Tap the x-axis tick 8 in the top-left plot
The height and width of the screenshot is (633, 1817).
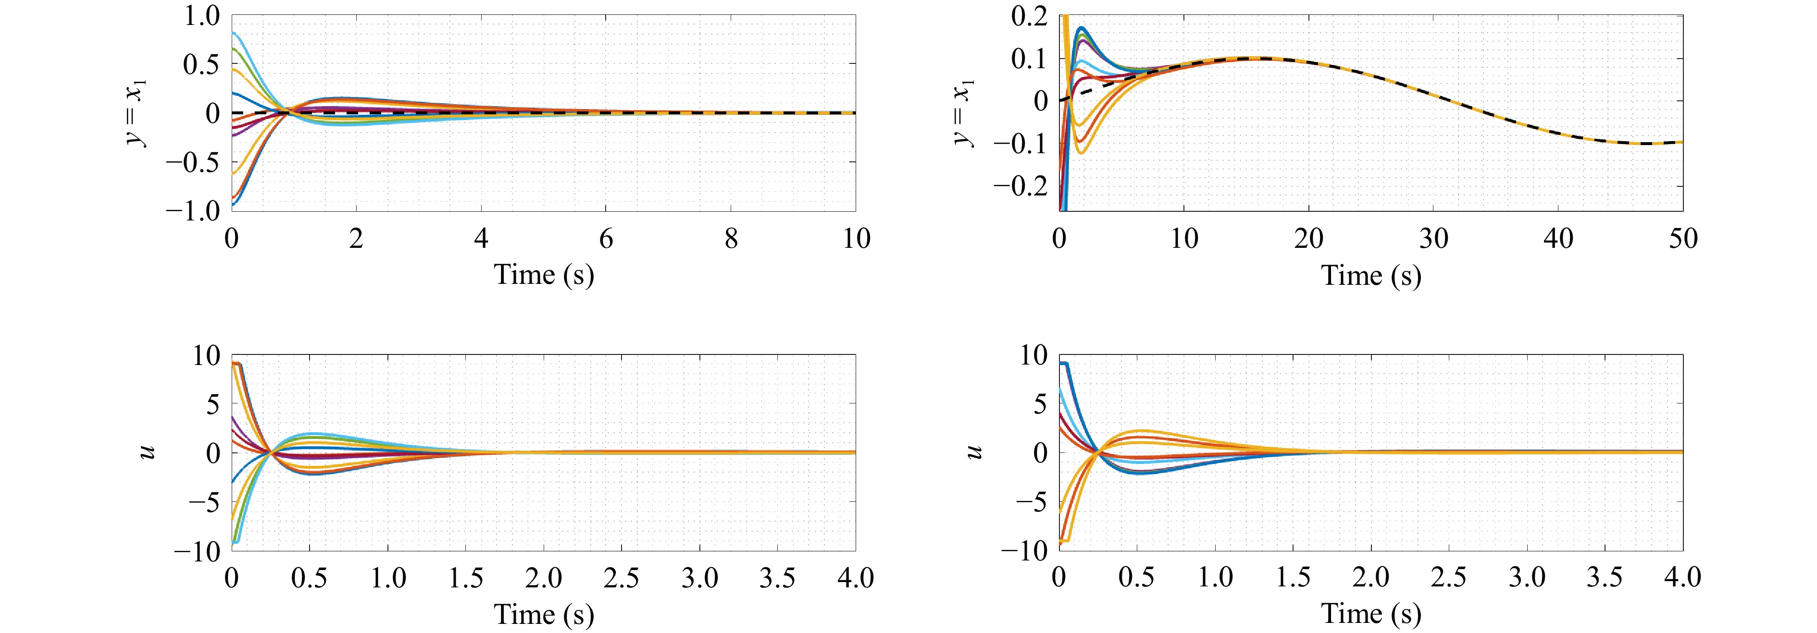(x=731, y=239)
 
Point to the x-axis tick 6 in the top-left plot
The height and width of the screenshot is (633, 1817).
(x=606, y=239)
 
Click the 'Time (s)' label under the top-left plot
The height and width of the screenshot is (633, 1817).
(x=544, y=274)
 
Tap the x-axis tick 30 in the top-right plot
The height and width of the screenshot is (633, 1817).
(x=1433, y=239)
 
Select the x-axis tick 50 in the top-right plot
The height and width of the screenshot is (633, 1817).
(x=1683, y=239)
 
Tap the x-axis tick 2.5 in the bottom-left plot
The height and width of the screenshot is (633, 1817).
(x=621, y=578)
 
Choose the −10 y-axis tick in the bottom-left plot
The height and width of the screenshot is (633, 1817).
(x=198, y=551)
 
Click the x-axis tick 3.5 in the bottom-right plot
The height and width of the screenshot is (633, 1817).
(x=1605, y=578)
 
